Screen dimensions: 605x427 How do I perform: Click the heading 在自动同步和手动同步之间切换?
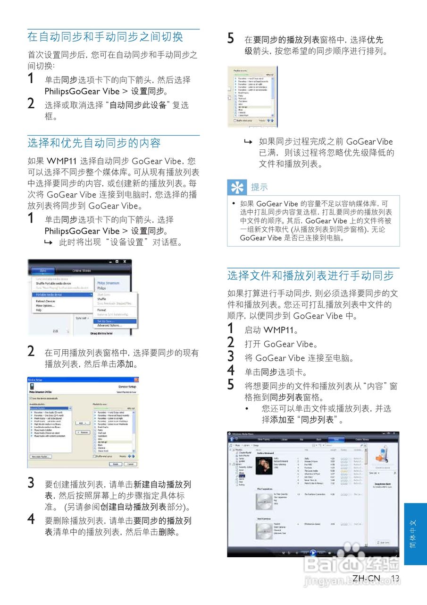105,37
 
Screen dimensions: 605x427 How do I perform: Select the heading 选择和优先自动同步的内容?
94,143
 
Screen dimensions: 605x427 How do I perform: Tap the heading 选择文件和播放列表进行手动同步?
310,276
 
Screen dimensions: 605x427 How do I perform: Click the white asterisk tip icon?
236,188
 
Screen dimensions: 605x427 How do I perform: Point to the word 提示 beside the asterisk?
259,188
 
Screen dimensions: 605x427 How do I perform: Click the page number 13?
395,578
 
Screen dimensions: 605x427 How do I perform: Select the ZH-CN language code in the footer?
366,578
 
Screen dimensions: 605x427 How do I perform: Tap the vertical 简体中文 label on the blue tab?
413,534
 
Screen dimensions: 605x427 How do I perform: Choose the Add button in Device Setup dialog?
82,423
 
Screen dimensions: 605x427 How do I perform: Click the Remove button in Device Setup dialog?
82,432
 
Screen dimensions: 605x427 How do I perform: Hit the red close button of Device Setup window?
136,380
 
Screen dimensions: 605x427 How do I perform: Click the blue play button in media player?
313,552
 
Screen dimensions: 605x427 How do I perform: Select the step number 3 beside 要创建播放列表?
31,483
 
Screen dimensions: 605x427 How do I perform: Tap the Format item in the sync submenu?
101,310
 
